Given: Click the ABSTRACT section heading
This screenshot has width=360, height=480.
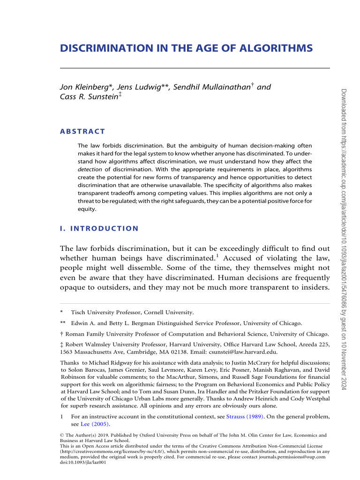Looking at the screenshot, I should point(83,131).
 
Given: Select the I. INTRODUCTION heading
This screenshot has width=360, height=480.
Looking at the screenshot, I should point(99,229).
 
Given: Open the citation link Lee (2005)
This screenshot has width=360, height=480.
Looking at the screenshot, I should point(95,424).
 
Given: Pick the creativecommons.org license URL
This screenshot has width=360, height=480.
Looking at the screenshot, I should point(113,451).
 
